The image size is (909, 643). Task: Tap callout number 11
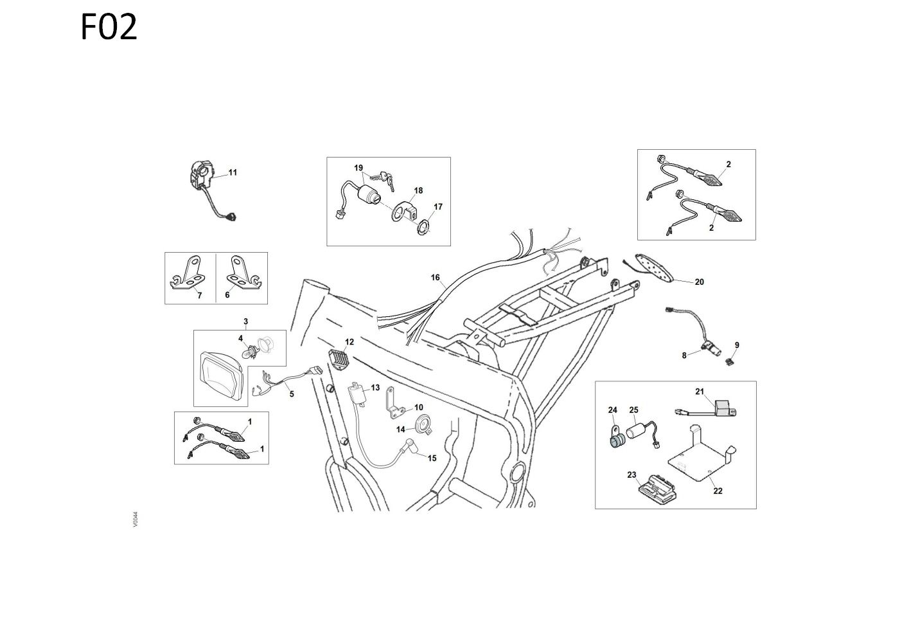coord(233,172)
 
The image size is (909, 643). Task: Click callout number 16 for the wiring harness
coord(436,278)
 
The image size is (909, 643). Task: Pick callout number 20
coord(700,282)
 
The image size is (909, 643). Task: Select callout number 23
coord(631,475)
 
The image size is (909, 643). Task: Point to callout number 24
coord(613,410)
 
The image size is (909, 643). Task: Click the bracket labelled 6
coord(242,275)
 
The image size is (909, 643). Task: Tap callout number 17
coord(438,207)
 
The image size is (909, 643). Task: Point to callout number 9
coord(737,345)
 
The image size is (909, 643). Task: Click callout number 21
coord(700,392)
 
